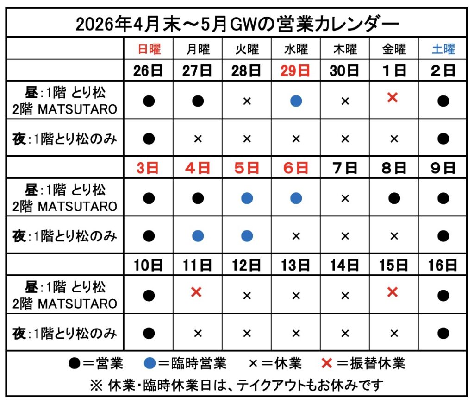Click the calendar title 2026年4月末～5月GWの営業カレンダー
click(237, 23)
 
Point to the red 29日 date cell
click(295, 70)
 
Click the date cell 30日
click(344, 70)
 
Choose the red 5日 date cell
click(247, 167)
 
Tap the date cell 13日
click(295, 265)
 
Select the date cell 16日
click(443, 265)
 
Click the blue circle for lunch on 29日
click(296, 101)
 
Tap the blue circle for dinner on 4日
click(198, 236)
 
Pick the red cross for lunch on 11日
click(196, 292)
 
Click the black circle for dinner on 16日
click(443, 333)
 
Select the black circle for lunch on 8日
click(394, 198)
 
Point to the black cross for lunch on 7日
click(345, 198)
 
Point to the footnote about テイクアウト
click(237, 385)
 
